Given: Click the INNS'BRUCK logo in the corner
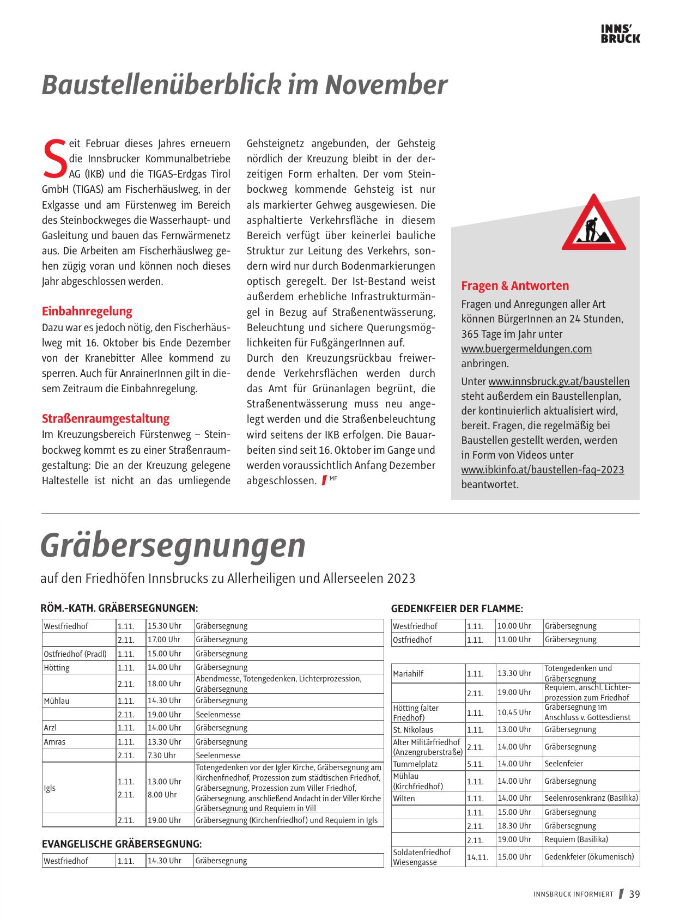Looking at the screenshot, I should coord(620,34).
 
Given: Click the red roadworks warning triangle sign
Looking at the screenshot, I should coord(593,223).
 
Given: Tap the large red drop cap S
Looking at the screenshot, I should coord(53,159).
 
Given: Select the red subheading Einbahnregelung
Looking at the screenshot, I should coord(87,312).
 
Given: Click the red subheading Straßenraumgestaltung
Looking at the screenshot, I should coord(106,418).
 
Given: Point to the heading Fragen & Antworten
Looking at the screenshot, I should coord(515,285).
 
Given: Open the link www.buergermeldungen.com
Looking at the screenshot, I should coord(526,349).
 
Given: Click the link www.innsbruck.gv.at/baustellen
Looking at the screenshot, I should coord(559,382).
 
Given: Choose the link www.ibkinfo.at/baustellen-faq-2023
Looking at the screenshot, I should coord(543,470).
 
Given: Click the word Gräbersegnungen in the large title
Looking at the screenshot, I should coord(173,545).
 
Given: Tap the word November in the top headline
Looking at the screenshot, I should coord(386,85).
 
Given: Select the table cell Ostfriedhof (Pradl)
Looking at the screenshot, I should coord(75,654).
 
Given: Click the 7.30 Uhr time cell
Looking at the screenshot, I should coord(161,756).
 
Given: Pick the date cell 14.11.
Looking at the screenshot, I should coord(477,857).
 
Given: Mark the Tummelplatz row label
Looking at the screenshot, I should coord(415,764).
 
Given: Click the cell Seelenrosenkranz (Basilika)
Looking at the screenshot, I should coord(591,798).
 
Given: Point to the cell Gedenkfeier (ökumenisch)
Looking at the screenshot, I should coord(589,856).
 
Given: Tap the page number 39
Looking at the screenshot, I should coord(634,894).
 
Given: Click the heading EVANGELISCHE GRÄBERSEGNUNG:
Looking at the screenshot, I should coord(122,844).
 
